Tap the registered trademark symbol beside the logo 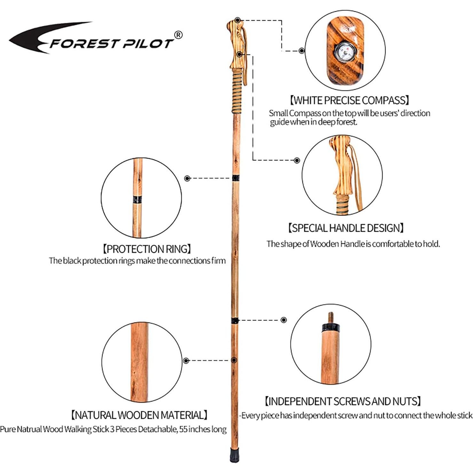point(178,35)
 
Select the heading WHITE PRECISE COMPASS point(349,100)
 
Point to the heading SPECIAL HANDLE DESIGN point(346,228)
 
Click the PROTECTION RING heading point(147,249)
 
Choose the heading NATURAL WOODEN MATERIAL point(139,415)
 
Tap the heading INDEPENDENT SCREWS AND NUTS point(343,401)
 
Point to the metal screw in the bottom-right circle point(330,318)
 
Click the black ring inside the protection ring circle point(137,200)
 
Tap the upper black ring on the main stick point(235,178)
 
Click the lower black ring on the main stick point(235,320)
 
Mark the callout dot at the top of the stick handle point(237,20)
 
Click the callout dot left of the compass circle point(301,51)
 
